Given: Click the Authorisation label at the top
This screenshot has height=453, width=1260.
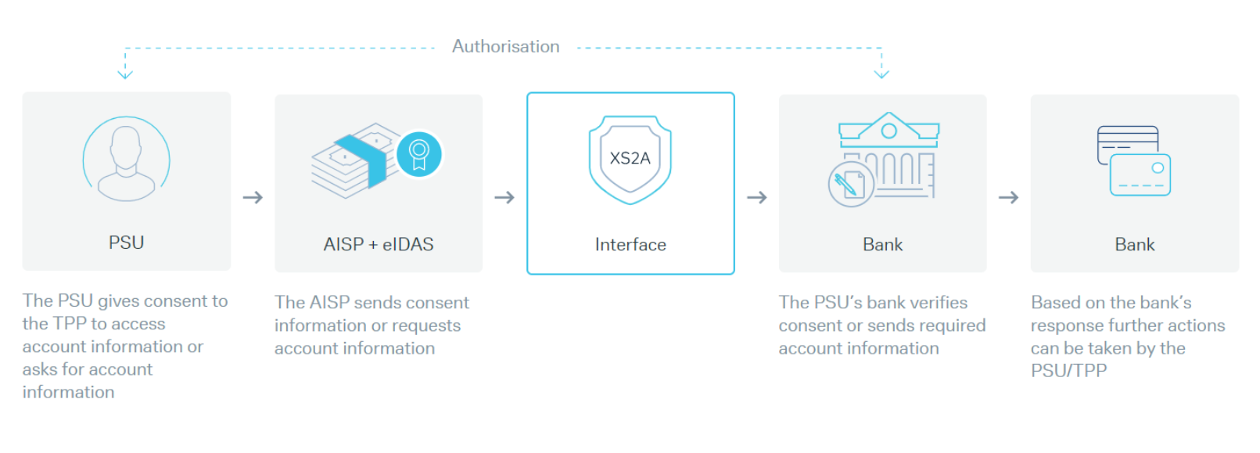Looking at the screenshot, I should point(505,47).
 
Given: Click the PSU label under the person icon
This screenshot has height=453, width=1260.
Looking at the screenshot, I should point(126,243).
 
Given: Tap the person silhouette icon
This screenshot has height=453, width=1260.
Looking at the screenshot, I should point(126,160).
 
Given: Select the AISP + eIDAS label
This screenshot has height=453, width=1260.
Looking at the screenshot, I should point(379,244).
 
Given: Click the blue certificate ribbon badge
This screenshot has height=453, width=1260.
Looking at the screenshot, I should point(419,154).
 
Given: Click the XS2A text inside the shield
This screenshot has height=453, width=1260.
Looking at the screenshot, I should point(630,158).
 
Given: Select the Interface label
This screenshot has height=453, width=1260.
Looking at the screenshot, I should point(630,245).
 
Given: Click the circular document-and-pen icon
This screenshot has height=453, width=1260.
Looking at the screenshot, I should point(850,185).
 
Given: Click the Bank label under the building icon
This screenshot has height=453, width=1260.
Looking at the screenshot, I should point(882,245).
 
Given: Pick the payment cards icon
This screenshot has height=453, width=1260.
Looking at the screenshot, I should point(1133,160).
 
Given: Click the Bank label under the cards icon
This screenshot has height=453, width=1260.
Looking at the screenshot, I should point(1134,245).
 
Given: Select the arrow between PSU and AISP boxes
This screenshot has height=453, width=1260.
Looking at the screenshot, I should point(253,198).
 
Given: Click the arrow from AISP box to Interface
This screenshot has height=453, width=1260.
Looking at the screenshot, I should point(504,198).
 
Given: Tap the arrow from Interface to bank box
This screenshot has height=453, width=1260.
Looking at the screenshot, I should point(756,198).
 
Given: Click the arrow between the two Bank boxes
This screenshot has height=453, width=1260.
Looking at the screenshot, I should point(1008,198).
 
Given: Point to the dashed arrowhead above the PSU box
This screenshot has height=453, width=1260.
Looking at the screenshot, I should point(125,74).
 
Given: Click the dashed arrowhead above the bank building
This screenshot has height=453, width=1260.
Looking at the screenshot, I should point(881,74).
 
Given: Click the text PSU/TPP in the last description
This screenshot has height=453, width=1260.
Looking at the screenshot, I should point(1068,371).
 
